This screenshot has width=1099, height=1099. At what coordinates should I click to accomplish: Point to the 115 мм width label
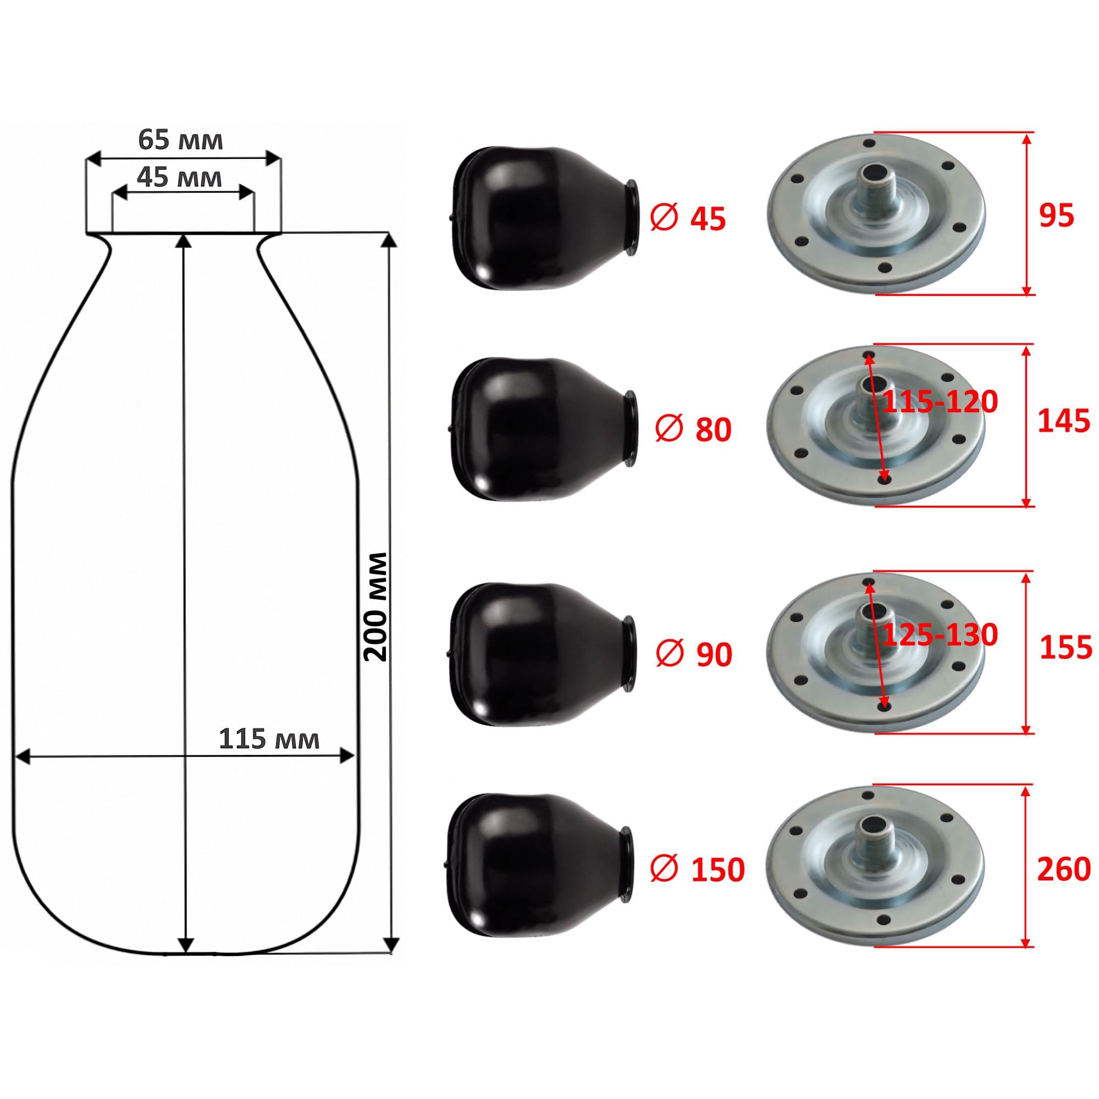point(269,739)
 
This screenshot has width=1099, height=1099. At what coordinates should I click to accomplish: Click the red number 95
point(1056,216)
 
